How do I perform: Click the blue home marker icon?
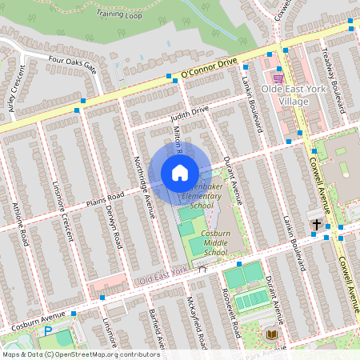click(x=180, y=173)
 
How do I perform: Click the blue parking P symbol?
click(x=47, y=330)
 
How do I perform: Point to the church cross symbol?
click(x=317, y=225)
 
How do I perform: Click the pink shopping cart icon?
click(x=278, y=78)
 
